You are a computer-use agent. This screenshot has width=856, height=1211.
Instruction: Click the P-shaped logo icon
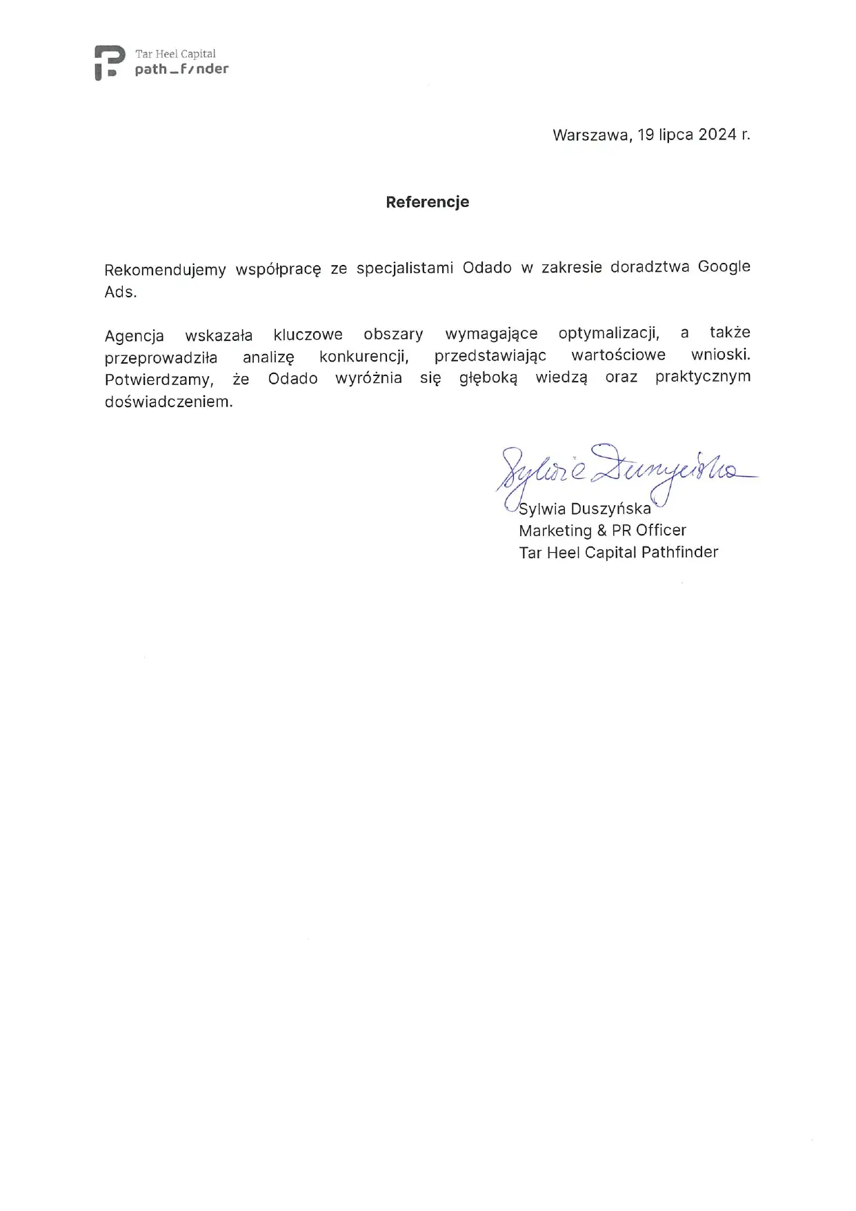[109, 62]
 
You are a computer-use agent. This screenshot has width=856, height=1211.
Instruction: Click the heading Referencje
[427, 202]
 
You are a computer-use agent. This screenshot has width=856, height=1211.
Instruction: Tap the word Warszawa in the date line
[590, 135]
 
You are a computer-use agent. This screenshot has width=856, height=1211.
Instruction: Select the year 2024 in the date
[717, 135]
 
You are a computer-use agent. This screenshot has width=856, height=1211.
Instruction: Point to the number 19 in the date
[646, 135]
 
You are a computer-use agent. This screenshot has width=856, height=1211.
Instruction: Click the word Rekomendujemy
[165, 269]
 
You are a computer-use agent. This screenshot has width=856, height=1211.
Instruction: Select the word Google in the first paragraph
[724, 266]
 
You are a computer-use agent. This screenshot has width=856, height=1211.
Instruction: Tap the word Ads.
[121, 292]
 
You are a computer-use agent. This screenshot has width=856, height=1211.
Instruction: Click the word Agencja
[135, 336]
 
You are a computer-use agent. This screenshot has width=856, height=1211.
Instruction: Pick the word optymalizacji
[608, 334]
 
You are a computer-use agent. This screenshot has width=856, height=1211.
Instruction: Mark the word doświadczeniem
[169, 402]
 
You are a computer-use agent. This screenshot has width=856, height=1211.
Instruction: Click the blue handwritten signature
[621, 469]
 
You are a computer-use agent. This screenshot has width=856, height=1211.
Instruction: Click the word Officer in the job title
[661, 531]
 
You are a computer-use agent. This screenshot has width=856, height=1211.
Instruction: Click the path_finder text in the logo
[181, 69]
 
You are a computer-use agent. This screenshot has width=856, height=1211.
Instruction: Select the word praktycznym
[702, 377]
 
